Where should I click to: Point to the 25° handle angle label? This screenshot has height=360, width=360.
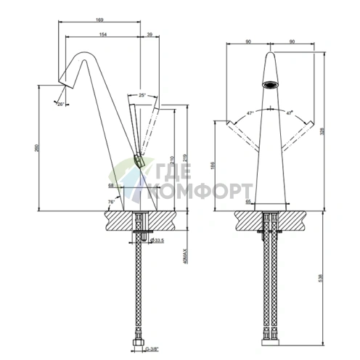(142, 94)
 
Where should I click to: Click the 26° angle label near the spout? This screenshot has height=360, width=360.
(60, 105)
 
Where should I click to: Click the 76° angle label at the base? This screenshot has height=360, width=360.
(111, 201)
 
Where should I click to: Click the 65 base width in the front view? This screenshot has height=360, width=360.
(248, 201)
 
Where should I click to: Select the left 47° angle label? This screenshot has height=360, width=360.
(250, 113)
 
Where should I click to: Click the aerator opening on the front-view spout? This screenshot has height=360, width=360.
(271, 83)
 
